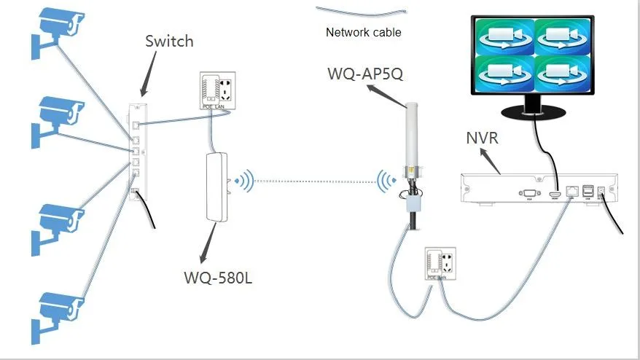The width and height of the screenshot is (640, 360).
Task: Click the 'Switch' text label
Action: click(x=170, y=41)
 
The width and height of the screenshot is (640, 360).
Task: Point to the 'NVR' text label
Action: click(x=481, y=137)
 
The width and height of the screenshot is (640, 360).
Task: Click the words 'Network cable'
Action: click(x=363, y=33)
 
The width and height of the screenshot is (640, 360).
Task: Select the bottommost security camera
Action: click(x=54, y=310)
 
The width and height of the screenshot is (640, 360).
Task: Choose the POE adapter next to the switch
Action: click(x=214, y=92)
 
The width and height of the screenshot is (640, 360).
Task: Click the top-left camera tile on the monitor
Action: click(x=504, y=36)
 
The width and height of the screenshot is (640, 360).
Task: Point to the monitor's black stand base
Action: click(x=534, y=113)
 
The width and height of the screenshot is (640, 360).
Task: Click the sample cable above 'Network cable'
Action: click(x=361, y=11)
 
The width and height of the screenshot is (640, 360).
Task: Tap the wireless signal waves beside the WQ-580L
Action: click(x=244, y=180)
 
